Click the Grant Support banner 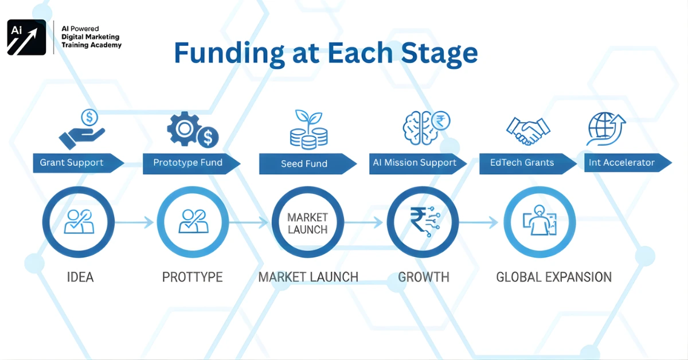point(75,163)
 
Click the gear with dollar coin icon point(192,129)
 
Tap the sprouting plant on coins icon point(308,129)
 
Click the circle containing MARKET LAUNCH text point(307,224)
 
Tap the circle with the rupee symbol point(423,224)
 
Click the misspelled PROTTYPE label point(192,277)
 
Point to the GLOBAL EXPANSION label point(553,277)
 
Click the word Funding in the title point(228,53)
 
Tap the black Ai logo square point(26,37)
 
